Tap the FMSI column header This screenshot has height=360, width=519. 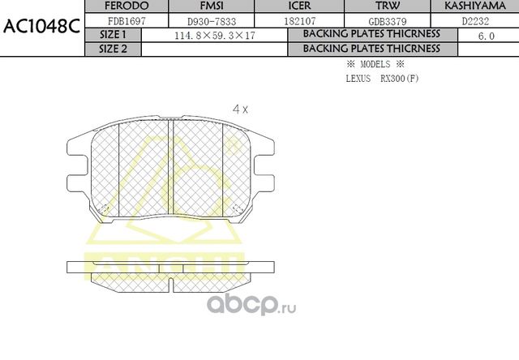point(199,6)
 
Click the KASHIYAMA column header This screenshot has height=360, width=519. point(478,6)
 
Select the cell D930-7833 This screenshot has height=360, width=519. point(198,20)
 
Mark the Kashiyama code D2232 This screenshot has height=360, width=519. point(478,20)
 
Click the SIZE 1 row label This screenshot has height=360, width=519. point(112,35)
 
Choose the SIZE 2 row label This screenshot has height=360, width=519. point(112,49)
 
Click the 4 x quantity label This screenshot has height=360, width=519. point(240,108)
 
